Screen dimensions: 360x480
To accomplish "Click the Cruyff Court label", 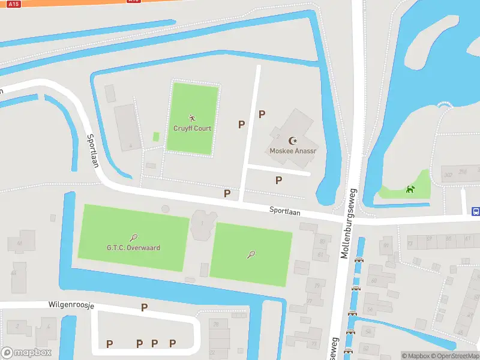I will pos(192,128).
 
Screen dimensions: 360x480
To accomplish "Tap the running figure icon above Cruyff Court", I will pos(192,118).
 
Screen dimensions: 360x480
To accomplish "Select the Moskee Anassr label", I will pos(293,151).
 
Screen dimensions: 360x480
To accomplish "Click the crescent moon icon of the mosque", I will pos(293,140).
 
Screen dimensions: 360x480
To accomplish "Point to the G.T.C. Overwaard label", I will pos(133,247).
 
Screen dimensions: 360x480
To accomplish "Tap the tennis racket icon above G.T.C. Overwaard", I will pos(133,238).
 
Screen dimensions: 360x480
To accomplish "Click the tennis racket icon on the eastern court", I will pos(251,254).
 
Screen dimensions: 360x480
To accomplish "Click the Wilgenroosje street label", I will pos(71,305).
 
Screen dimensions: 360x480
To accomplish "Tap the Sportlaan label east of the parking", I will pos(284,211).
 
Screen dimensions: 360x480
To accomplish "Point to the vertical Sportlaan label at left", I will pos(92,150).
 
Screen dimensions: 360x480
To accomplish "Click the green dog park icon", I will pos(410,190).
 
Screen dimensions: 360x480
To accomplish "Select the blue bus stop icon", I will pos(476,211).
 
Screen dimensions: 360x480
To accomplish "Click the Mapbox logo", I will pos(26,353).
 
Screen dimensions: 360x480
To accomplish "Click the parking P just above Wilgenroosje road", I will pos(144,307).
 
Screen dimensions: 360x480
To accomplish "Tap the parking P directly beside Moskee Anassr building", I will pos(262,114).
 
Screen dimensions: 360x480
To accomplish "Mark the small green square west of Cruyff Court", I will pos(156,137).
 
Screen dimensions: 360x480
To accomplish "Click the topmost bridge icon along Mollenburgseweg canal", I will pos(359,260).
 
